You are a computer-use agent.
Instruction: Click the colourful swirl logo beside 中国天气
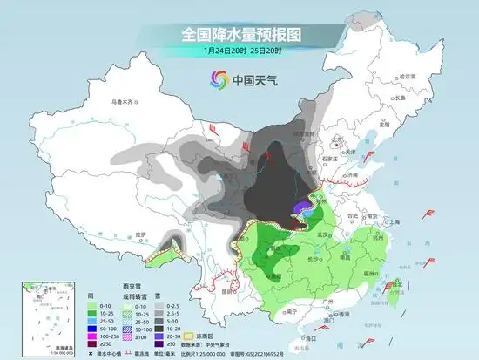(217, 81)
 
